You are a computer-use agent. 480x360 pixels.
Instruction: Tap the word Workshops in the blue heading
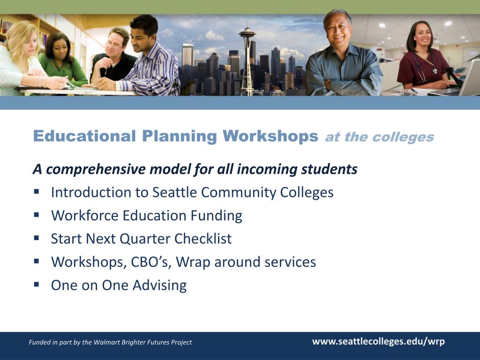click(270, 136)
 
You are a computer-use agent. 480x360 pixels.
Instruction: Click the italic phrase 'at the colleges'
click(379, 137)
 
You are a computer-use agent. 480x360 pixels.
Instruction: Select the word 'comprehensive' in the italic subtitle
click(96, 169)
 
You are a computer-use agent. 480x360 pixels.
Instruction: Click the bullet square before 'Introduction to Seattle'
click(37, 192)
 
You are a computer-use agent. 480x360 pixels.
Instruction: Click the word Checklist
click(203, 239)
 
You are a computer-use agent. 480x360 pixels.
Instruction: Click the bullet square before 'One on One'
click(37, 284)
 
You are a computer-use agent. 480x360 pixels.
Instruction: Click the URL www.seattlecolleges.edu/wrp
click(378, 341)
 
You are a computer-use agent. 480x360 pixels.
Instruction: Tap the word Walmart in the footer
click(107, 342)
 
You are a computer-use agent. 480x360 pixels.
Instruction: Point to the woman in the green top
click(61, 61)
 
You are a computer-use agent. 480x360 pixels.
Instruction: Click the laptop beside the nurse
click(464, 80)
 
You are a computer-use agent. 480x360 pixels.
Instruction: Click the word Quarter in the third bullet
click(145, 239)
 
